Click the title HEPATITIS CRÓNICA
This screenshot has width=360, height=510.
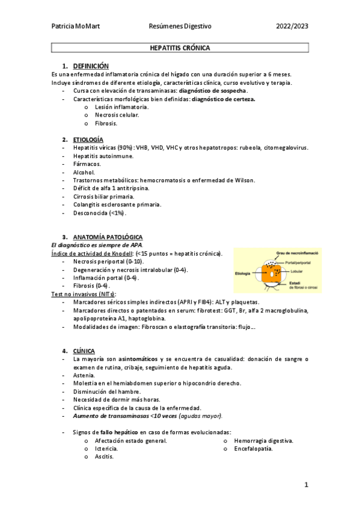pyautogui.click(x=179, y=47)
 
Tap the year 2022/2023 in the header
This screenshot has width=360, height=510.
pyautogui.click(x=292, y=26)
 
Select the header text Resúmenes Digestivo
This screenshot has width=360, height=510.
pyautogui.click(x=180, y=26)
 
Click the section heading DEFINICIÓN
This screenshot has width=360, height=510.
pyautogui.click(x=91, y=65)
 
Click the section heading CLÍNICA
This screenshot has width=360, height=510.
pyautogui.click(x=84, y=350)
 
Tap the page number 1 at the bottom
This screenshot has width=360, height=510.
pyautogui.click(x=306, y=484)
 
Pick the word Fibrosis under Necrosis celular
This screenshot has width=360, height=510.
pyautogui.click(x=106, y=123)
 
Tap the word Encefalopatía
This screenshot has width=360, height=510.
pyautogui.click(x=254, y=449)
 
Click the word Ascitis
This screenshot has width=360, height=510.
pyautogui.click(x=104, y=457)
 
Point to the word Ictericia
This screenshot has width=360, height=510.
pyautogui.click(x=106, y=449)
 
